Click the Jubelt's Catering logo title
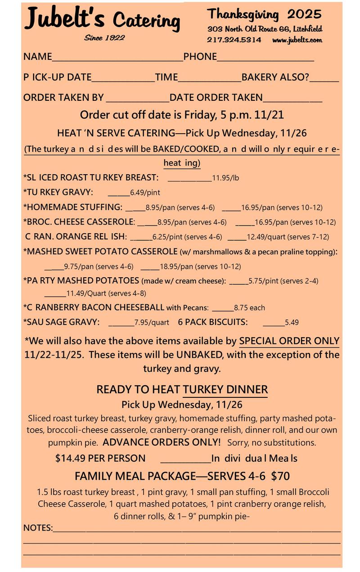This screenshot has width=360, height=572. [x=103, y=19]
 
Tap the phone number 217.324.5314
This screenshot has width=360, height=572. [x=234, y=40]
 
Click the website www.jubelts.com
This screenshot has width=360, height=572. [x=297, y=40]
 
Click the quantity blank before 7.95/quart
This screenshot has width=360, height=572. [x=121, y=323]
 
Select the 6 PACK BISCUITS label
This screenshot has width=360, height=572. [x=213, y=322]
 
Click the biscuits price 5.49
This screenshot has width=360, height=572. [x=292, y=322]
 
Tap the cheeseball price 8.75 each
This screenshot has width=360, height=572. [x=249, y=308]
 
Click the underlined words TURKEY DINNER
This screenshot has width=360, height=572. [x=225, y=389]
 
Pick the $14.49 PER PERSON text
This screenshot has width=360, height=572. [x=100, y=458]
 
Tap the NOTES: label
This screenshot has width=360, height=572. [x=38, y=527]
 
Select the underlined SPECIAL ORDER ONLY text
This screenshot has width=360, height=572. [x=289, y=341]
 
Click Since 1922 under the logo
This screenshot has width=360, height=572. [x=104, y=38]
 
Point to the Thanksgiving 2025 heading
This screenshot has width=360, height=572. [x=265, y=14]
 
